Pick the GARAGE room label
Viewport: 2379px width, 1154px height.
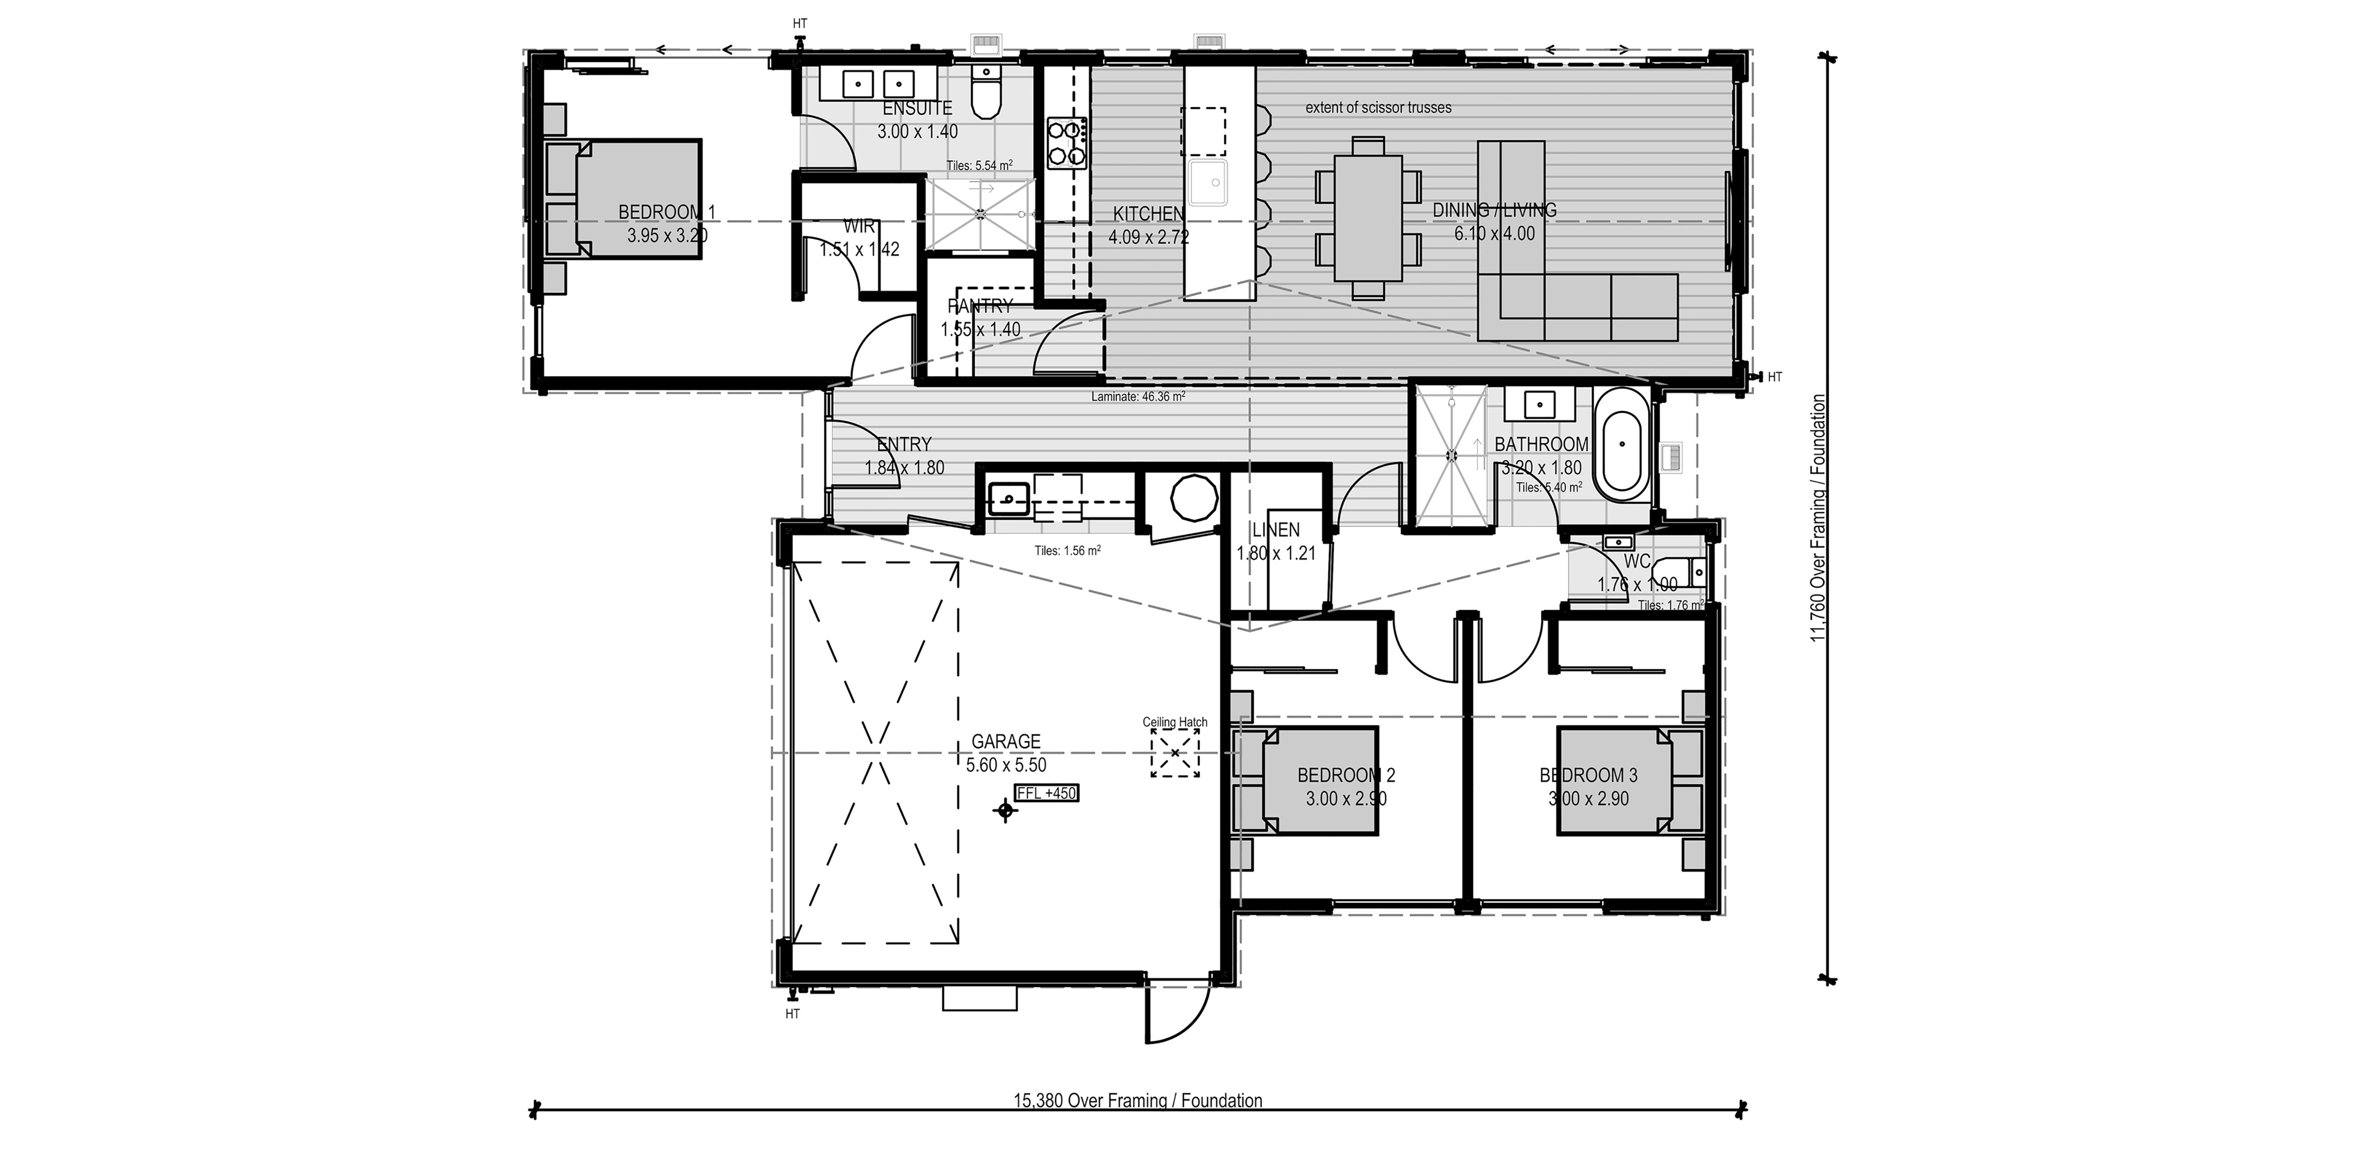click(x=1006, y=741)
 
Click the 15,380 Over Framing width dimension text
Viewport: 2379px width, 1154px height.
click(x=1138, y=1100)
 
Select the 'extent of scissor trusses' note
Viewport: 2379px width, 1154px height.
click(x=1378, y=108)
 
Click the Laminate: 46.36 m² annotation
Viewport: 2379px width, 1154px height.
click(x=1138, y=397)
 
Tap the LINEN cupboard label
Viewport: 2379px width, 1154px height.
click(x=1275, y=530)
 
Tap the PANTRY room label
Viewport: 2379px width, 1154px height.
click(x=980, y=306)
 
